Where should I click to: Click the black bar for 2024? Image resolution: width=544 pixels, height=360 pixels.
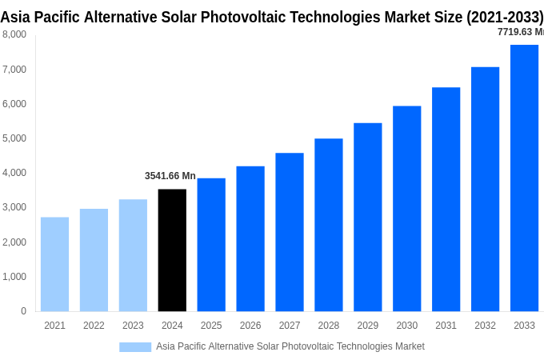[172, 250]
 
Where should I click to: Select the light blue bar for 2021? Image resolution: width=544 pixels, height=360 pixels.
[54, 264]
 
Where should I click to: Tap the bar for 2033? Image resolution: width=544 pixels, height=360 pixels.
[524, 178]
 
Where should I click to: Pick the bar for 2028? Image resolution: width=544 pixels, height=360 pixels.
[328, 225]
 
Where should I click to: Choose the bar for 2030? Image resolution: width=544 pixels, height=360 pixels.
[406, 208]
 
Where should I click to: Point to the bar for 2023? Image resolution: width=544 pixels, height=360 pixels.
[133, 255]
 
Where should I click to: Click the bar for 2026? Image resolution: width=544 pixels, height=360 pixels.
[250, 238]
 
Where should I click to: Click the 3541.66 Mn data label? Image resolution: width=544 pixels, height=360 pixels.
[170, 176]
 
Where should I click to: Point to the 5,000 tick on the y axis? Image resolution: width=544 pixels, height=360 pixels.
[14, 138]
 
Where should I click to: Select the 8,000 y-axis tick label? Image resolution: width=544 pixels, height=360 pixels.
[14, 34]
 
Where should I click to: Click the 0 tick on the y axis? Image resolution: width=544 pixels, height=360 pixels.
[23, 311]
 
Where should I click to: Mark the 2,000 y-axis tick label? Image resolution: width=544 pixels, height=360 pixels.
[14, 242]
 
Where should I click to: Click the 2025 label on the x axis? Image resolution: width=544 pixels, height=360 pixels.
[211, 326]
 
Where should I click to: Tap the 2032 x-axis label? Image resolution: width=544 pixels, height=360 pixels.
[485, 326]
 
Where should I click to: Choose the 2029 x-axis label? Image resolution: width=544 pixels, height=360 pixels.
[367, 326]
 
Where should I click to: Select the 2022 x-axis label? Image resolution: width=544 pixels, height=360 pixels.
[94, 326]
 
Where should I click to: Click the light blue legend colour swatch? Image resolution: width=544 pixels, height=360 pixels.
[135, 346]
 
